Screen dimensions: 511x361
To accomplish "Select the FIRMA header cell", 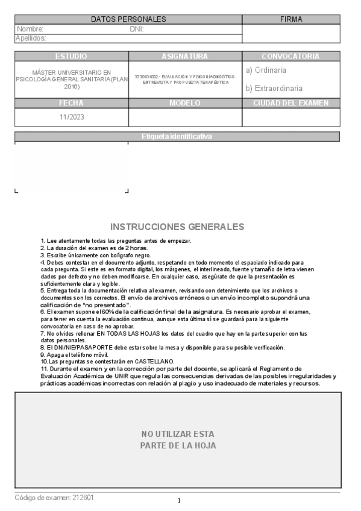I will pos(292,19).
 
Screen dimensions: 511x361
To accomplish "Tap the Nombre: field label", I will pos(30,29).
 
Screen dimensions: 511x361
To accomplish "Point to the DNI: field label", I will pos(136,29).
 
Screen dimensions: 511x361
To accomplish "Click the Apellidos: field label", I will pos(31,38).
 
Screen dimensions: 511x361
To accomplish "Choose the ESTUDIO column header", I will pos(71,56).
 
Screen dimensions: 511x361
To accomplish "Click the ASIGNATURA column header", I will pos(185,56).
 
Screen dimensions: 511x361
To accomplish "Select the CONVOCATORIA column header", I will pos(291,56).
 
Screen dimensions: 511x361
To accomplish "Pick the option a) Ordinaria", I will pos(266,71).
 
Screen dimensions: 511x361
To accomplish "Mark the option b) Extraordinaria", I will pos(274,88).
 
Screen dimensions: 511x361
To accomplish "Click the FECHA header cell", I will pos(71,103).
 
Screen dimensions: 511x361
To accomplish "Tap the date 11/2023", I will pos(71,118).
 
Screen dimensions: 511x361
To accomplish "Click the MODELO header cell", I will pos(185,103).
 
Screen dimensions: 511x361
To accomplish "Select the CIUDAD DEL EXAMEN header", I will pos(291,103).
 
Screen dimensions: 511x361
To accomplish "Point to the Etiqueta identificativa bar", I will pos(177,137).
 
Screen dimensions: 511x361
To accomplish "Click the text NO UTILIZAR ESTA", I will pos(178,434).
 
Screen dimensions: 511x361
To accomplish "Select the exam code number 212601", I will pos(83,498).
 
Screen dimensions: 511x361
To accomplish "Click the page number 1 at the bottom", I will pos(179,501).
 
